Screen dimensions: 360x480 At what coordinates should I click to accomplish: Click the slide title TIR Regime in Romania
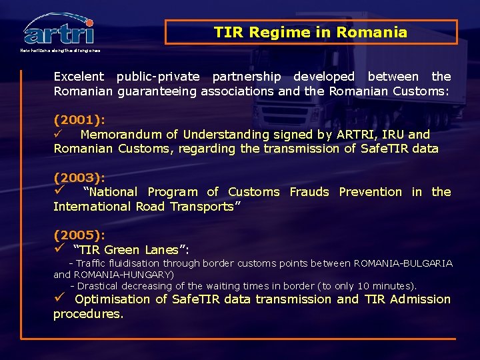pos(311,32)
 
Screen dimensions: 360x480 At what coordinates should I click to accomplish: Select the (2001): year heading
pos(79,121)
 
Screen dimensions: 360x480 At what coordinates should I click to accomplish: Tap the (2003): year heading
pos(79,177)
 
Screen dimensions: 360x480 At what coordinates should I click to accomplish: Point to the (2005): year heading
pos(79,235)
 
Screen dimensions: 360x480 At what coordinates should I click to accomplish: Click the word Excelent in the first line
pos(79,77)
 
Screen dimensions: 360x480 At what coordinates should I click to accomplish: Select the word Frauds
pos(309,192)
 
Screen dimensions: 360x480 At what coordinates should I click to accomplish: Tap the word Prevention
pos(371,192)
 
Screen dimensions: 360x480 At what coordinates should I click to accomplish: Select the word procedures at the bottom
pos(88,313)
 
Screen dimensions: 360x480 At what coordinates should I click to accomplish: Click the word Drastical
pos(102,285)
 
